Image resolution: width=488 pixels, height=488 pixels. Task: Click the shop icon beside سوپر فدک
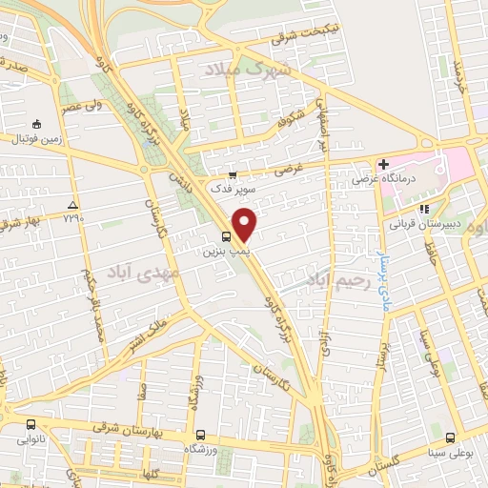click(x=232, y=173)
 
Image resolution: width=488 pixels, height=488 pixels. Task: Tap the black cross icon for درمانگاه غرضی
click(x=383, y=165)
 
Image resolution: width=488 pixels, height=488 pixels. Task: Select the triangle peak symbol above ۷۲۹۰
click(x=73, y=205)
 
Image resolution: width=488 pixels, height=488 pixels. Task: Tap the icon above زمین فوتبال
click(x=36, y=125)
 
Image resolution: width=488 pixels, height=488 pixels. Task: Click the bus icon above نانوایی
click(x=31, y=426)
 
